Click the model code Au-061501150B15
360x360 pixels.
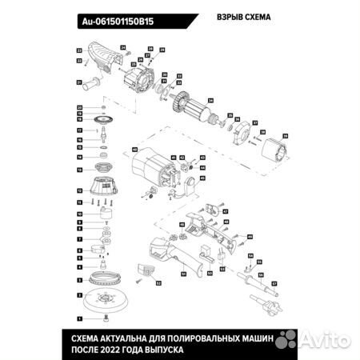pos(118,22)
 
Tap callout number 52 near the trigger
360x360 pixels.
pos(158,282)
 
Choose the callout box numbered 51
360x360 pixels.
pos(182,272)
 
